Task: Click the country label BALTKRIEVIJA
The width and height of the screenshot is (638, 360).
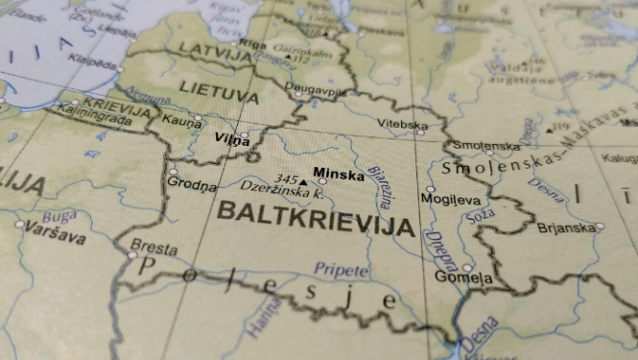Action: click(x=316, y=219)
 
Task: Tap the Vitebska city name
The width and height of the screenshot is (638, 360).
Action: click(x=402, y=125)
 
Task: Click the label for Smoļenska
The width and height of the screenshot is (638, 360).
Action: click(x=486, y=146)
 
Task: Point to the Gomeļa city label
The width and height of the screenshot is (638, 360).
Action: click(x=463, y=277)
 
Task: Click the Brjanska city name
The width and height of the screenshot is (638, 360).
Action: click(x=565, y=228)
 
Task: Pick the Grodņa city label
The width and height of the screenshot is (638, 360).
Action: click(x=192, y=183)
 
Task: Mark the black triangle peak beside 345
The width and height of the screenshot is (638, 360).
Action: click(x=304, y=180)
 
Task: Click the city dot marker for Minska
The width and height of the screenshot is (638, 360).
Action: click(x=322, y=180)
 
